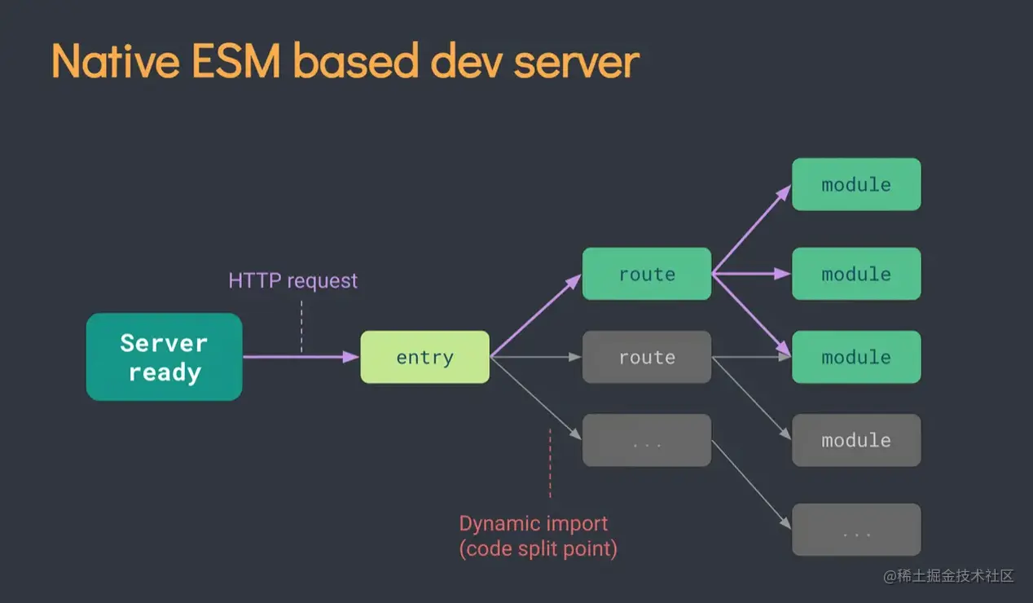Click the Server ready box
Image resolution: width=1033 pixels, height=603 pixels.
[x=164, y=357]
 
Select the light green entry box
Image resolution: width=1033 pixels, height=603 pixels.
[x=424, y=357]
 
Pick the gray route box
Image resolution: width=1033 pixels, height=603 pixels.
[x=646, y=357]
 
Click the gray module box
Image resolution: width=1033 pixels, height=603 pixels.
[x=855, y=440]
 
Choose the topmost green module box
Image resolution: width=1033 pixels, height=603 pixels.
[x=855, y=184]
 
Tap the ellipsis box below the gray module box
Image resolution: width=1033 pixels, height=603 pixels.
[x=855, y=530]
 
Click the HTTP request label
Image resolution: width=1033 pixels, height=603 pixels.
[x=292, y=281]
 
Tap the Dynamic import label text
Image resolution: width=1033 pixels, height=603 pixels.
[x=533, y=523]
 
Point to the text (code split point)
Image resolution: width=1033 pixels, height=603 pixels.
[x=538, y=548]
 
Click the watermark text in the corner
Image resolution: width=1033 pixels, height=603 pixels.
[x=948, y=576]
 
